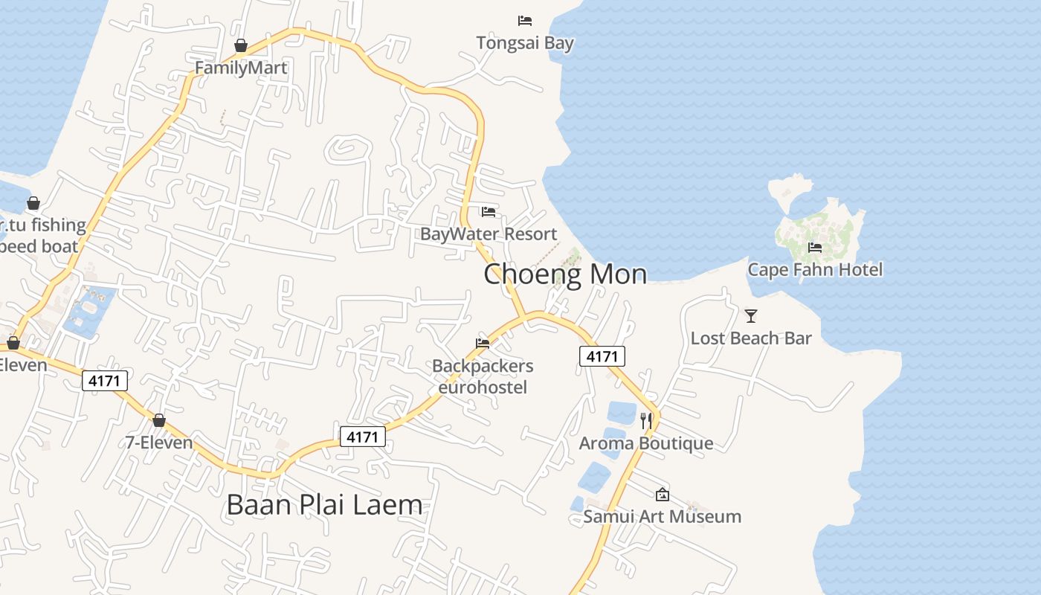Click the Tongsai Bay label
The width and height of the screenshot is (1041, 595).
(525, 43)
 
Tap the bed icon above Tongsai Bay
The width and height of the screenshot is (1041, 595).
(525, 21)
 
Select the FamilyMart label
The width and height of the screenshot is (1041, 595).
(241, 68)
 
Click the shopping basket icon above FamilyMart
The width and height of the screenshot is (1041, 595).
(241, 46)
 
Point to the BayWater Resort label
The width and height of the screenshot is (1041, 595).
(489, 234)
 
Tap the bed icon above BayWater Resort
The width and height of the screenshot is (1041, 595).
(489, 212)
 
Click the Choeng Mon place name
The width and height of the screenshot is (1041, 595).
(565, 274)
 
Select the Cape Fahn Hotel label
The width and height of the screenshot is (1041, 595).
(815, 270)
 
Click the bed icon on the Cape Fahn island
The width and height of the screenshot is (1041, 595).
(815, 248)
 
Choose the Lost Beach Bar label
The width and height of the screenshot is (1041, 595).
(751, 338)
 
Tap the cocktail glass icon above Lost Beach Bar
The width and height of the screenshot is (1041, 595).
(751, 316)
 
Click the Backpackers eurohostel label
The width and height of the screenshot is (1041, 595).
(483, 377)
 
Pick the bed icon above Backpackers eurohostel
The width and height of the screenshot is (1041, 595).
(483, 344)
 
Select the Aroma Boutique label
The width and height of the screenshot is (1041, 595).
(646, 444)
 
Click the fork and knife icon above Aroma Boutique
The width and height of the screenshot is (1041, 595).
(646, 421)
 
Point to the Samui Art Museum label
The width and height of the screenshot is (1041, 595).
(662, 517)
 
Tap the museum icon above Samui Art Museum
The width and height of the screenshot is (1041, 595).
(662, 495)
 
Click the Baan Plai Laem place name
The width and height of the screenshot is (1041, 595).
(324, 505)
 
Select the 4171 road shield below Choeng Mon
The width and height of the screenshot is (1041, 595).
(602, 357)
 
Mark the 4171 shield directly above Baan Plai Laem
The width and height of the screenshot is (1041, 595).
(363, 437)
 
